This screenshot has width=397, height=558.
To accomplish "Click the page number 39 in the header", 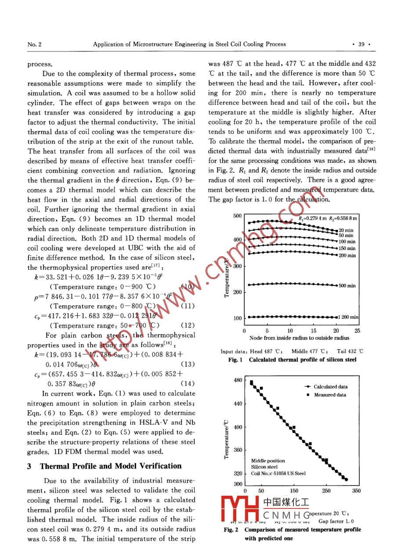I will pyautogui.click(x=362, y=44).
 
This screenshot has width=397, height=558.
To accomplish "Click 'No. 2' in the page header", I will pyautogui.click(x=34, y=44).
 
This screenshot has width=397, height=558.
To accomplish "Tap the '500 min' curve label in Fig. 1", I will pyautogui.click(x=347, y=286).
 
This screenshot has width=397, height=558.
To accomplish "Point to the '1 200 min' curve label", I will pyautogui.click(x=349, y=317).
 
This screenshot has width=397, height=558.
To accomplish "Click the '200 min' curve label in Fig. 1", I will pyautogui.click(x=347, y=255).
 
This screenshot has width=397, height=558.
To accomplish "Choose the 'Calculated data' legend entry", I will pyautogui.click(x=330, y=386).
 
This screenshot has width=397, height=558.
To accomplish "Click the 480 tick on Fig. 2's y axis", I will pyautogui.click(x=237, y=380).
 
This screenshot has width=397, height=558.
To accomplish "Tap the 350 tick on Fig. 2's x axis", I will pyautogui.click(x=356, y=491).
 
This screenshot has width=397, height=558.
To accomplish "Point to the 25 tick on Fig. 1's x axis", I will pyautogui.click(x=357, y=331).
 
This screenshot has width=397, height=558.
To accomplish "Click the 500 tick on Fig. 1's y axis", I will pyautogui.click(x=237, y=216).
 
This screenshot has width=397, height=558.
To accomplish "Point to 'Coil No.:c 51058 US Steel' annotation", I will pyautogui.click(x=278, y=473).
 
